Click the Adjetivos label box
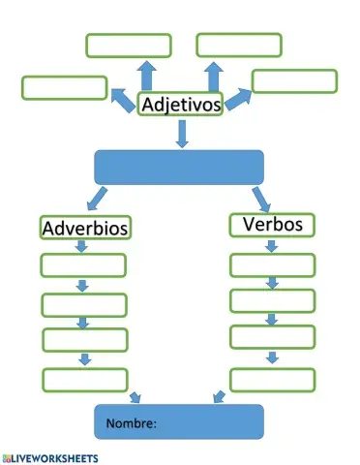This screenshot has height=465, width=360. tap(181, 104)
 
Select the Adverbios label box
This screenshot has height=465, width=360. tap(86, 229)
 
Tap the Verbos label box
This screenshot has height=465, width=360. tap(272, 225)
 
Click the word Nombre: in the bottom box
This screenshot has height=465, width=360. tap(132, 423)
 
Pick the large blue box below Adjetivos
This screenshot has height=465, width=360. tap(179, 167)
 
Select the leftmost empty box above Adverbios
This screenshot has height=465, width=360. tap(64, 87)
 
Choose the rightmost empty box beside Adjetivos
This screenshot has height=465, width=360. tap(294, 80)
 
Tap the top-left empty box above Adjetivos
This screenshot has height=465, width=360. tap(128, 46)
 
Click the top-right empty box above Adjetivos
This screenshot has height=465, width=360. tap(239, 45)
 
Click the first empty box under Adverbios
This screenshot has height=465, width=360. tap(83, 264)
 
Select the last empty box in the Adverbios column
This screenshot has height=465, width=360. tap(84, 379)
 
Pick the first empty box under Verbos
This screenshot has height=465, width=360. tap(272, 263)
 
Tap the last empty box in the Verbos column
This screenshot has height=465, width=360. tap(272, 379)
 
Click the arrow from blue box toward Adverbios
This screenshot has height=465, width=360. tap(96, 201)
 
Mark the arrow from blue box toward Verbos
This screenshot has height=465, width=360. tap(261, 198)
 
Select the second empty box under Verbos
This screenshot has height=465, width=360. tap(272, 300)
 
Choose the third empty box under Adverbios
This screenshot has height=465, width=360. tap(84, 340)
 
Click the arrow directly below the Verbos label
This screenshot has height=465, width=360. tap(272, 245)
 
